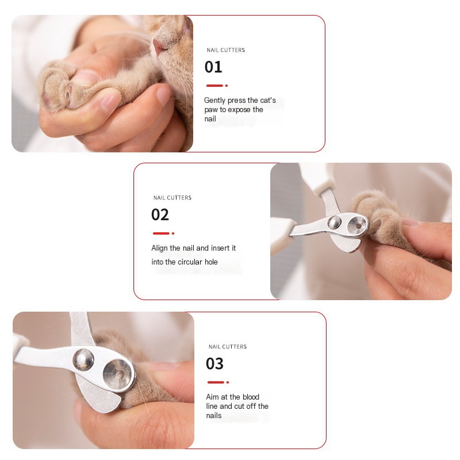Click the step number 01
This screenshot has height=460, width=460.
coord(213,67)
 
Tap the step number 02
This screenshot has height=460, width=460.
coord(160,214)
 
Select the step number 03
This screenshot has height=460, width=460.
coord(214,364)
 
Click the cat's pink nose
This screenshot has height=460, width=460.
coord(160,45)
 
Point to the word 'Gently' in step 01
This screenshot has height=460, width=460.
coord(214,100)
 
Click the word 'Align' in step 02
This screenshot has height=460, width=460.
coord(160,248)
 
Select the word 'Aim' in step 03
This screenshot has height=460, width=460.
coord(212,397)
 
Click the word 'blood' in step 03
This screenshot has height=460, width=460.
coord(251,397)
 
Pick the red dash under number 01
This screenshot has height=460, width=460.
coord(214,86)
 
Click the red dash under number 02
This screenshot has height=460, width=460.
coord(162,233)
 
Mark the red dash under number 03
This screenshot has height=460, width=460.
coord(216,382)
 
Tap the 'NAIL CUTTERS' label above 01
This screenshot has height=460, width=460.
coord(226,50)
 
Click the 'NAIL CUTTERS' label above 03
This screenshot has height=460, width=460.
coord(228,347)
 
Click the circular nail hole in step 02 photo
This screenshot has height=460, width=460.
coord(358,225)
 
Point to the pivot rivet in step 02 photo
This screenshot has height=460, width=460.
coord(334,222)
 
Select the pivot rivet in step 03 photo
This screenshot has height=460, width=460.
coord(83,360)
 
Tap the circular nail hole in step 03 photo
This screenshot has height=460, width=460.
coord(118,375)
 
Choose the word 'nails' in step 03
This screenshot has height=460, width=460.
coord(213,415)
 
